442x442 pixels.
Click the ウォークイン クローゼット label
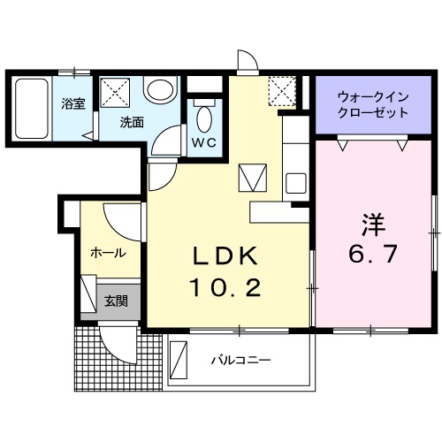coord(373,106)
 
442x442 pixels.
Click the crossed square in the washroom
coord(116,92)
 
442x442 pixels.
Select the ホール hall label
coord(106,253)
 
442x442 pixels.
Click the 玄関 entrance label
coord(116,301)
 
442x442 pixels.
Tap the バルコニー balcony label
coord(240,360)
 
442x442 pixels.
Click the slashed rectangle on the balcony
coord(179,360)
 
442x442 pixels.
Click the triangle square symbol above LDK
coord(251,179)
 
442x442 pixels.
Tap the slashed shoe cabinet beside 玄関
coord(88,293)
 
